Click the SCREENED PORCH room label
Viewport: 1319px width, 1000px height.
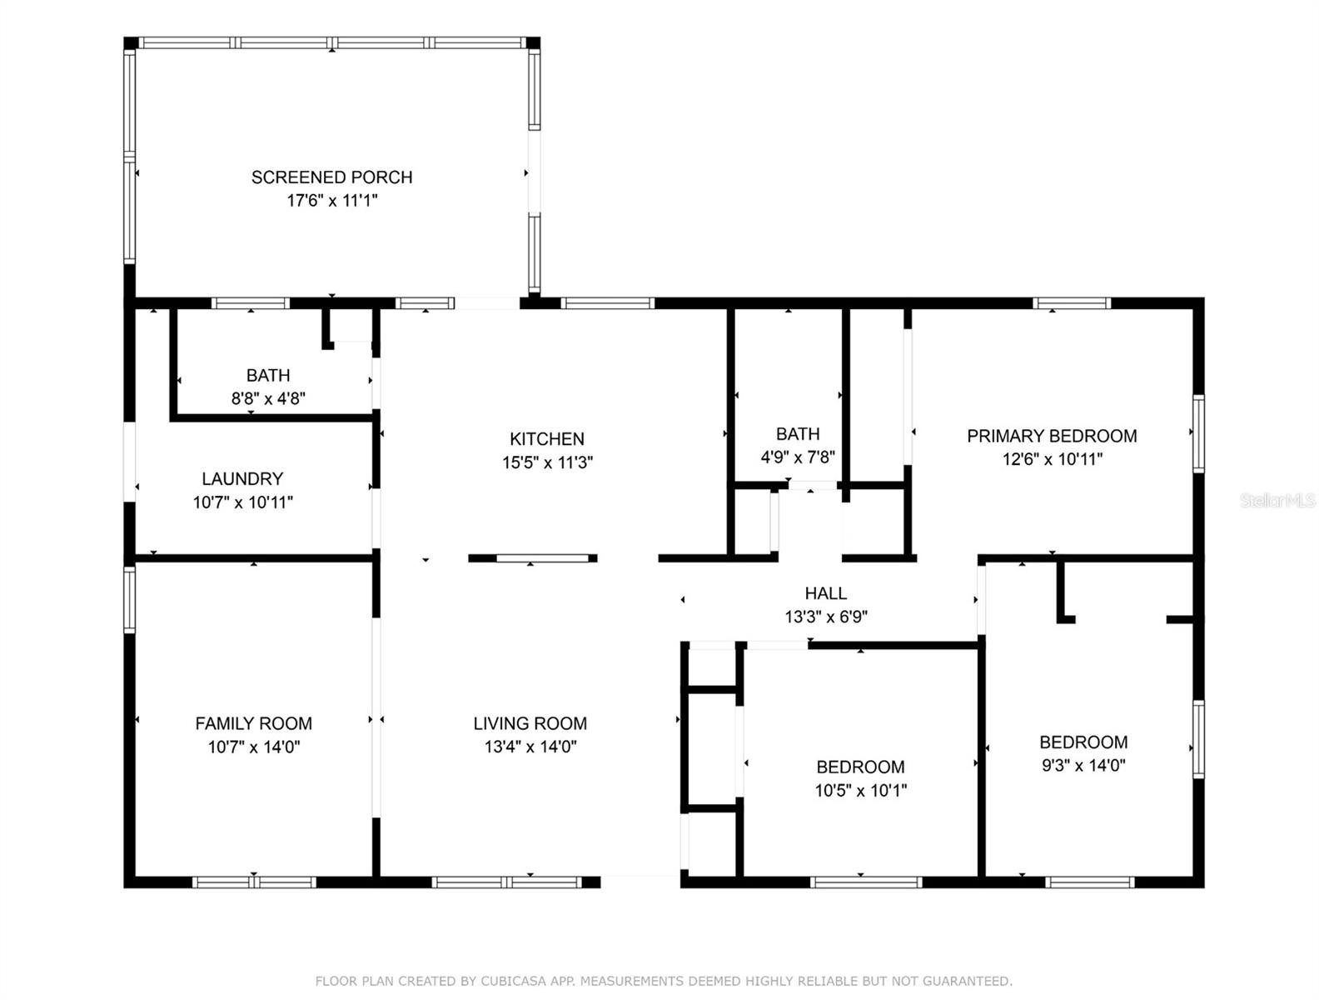[x=331, y=177]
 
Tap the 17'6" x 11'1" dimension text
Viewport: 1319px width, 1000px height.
[x=331, y=200]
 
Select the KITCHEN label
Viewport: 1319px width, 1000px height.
[x=546, y=438]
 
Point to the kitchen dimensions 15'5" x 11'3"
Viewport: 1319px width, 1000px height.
[x=547, y=462]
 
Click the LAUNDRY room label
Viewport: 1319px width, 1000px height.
[x=242, y=478]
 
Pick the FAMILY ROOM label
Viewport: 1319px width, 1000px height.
[x=253, y=722]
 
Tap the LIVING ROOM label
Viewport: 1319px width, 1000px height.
[x=530, y=722]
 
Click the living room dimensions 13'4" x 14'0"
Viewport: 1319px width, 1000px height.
[x=530, y=746]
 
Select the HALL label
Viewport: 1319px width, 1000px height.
[x=826, y=592]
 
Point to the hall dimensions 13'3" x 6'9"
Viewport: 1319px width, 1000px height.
[x=826, y=617]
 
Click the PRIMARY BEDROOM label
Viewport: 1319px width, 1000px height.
[x=1052, y=435]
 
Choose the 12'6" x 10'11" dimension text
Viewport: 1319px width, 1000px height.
[x=1053, y=459]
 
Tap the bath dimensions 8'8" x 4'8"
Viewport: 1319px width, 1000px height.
[x=268, y=398]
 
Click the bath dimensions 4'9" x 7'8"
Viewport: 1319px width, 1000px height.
[x=798, y=457]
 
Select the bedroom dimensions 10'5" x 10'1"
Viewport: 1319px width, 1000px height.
[x=860, y=789]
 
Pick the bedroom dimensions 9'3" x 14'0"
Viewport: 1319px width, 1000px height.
[x=1083, y=765]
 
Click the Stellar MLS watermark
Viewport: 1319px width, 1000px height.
[x=1277, y=500]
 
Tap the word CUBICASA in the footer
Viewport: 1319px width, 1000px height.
[x=513, y=981]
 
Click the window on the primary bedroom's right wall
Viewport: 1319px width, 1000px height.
[x=1197, y=433]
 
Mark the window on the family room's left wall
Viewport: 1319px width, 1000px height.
[x=129, y=599]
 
